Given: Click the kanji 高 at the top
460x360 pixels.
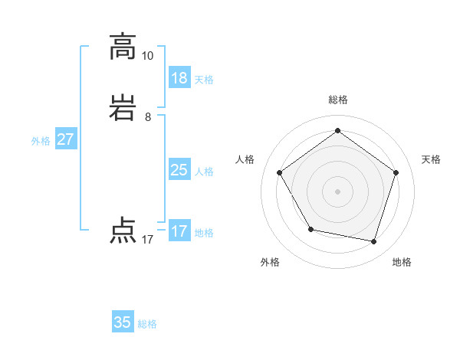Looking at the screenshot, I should click(x=123, y=47).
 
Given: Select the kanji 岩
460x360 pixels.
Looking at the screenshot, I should click(x=123, y=109).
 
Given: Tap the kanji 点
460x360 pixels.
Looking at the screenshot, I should click(x=123, y=231).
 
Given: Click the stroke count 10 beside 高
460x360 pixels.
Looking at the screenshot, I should click(x=147, y=56).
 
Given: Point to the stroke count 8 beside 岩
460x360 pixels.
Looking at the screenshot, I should click(x=147, y=117).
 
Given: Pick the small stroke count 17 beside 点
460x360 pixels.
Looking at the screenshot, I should click(x=147, y=240).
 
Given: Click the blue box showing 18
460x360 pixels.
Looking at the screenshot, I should click(x=179, y=78).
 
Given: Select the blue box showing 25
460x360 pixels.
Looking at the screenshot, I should click(x=179, y=170).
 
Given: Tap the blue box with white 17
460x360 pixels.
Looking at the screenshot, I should click(x=179, y=231).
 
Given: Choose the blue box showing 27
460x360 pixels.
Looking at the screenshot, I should click(x=65, y=139).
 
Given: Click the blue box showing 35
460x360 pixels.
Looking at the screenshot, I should click(x=123, y=322).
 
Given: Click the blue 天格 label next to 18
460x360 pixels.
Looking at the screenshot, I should click(x=204, y=80).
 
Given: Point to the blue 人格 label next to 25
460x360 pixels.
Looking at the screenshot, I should click(x=204, y=172).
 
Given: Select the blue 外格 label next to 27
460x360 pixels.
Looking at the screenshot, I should click(x=41, y=141).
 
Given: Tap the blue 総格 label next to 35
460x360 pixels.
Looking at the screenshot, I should click(x=147, y=324).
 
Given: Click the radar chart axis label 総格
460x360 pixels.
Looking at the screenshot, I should click(x=337, y=100).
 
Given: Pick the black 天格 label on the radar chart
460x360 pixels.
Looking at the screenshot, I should click(x=431, y=159).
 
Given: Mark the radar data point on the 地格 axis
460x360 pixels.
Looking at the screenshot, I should click(x=373, y=241).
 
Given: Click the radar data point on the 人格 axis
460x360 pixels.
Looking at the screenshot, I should click(x=279, y=172).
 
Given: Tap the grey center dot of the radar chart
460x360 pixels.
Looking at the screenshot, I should click(x=337, y=191).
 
